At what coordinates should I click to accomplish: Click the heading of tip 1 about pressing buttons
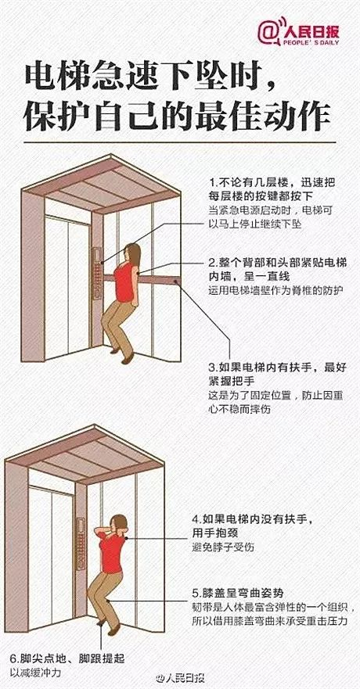point(272,188)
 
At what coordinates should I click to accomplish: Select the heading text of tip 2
point(277,271)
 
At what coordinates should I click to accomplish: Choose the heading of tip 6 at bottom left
point(67,658)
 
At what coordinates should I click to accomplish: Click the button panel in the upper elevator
point(97,273)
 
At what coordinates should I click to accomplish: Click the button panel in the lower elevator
point(81,544)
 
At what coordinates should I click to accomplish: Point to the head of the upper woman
point(132,254)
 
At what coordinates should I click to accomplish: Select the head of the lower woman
point(119,524)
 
